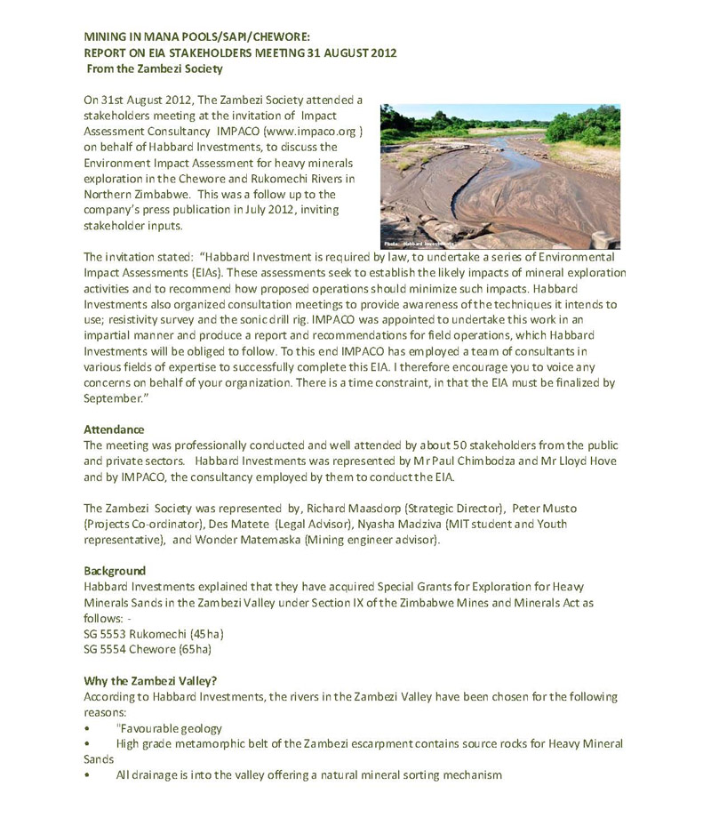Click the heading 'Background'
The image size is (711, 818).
[x=115, y=570]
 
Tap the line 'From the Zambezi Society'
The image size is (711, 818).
[x=155, y=68]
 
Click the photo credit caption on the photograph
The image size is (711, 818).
[x=418, y=243]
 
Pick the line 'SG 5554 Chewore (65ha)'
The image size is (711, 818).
[x=148, y=649]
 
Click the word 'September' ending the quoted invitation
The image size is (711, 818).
[x=114, y=399]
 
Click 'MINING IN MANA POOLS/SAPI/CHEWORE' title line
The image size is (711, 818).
[x=196, y=37]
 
